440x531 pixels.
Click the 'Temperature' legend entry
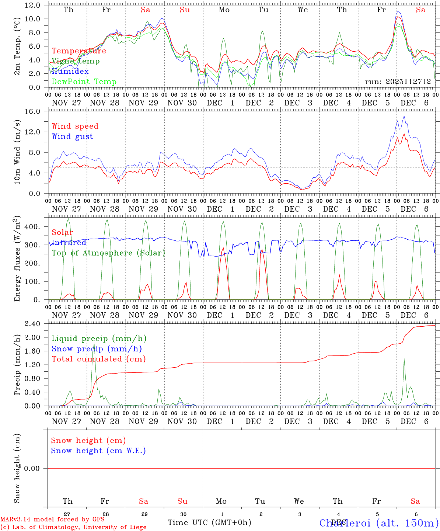pos(79,51)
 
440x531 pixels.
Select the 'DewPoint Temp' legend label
pos(84,82)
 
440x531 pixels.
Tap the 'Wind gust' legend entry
pos(72,136)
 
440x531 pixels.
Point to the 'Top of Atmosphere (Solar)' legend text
pos(108,253)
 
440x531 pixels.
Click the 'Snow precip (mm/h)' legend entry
pos(97,349)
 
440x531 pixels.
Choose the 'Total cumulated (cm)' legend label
pos(98,359)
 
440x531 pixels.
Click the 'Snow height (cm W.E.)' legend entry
pos(98,451)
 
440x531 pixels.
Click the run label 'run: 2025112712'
pos(398,82)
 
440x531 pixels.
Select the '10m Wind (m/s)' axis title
pos(17,152)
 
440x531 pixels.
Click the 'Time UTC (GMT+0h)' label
pos(209,523)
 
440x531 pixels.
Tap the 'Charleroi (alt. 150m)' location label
pos(379,523)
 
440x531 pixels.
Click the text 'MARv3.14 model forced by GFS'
pos(52,519)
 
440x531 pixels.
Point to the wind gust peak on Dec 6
pos(404,116)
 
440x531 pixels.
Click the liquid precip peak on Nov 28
pos(94,343)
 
